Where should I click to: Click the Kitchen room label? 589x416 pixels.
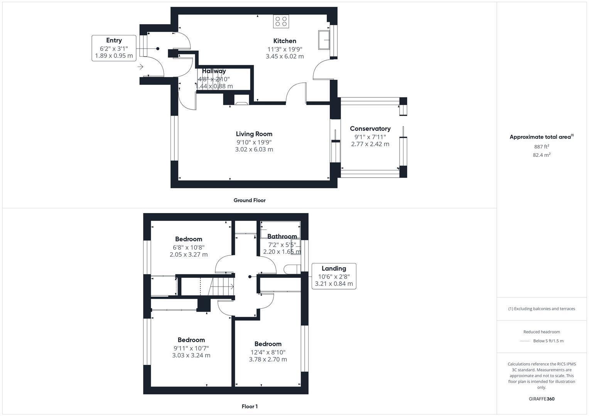[x=285, y=41]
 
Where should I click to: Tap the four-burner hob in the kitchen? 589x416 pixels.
[x=281, y=21]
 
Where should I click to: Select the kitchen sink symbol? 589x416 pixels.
[x=324, y=40]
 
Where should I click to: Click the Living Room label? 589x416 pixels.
[x=254, y=134]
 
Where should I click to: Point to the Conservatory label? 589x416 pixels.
[x=370, y=129]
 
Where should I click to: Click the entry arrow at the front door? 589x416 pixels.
[x=140, y=67]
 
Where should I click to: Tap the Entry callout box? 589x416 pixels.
[x=114, y=48]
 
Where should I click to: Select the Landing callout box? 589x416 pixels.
[x=334, y=276]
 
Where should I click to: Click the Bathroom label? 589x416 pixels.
[x=282, y=237]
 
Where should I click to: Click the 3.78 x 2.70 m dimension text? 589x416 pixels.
[x=268, y=359]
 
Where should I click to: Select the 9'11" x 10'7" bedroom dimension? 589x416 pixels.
[x=191, y=348]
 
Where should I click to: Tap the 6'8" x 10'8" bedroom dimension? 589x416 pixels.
[x=189, y=247]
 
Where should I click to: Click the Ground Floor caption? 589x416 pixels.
[x=250, y=200]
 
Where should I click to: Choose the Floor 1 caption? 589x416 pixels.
[x=250, y=406]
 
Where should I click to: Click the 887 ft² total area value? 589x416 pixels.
[x=541, y=147]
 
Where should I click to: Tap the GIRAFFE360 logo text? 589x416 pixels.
[x=541, y=399]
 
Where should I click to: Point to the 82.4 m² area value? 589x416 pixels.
[x=541, y=155]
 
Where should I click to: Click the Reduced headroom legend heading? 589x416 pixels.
[x=541, y=332]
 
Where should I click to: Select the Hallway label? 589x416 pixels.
[x=214, y=71]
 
